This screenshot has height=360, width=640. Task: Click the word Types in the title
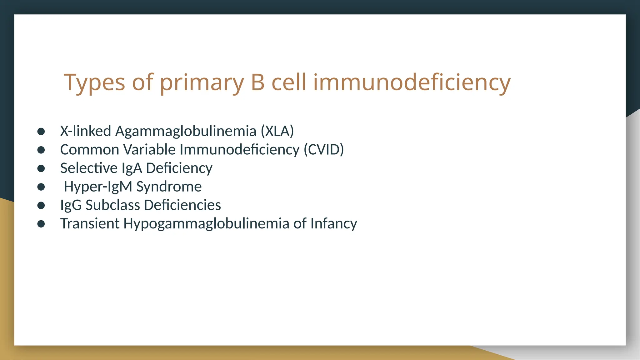click(x=94, y=83)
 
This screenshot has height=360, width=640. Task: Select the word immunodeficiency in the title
click(x=412, y=82)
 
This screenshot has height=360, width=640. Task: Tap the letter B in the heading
click(x=257, y=82)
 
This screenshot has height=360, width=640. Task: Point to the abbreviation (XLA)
click(x=277, y=131)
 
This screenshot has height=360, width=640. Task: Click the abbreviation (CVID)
click(x=324, y=149)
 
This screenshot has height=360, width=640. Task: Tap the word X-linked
click(x=86, y=131)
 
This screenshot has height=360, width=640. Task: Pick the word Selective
click(x=89, y=168)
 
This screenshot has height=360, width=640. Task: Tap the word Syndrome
click(x=169, y=187)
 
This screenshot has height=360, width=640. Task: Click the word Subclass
click(x=112, y=205)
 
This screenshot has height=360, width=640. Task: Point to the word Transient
click(x=90, y=223)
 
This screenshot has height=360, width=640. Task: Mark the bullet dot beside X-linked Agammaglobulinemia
click(x=41, y=131)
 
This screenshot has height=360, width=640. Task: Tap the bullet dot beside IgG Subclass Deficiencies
click(x=41, y=205)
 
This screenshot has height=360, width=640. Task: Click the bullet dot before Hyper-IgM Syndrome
click(x=41, y=187)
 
